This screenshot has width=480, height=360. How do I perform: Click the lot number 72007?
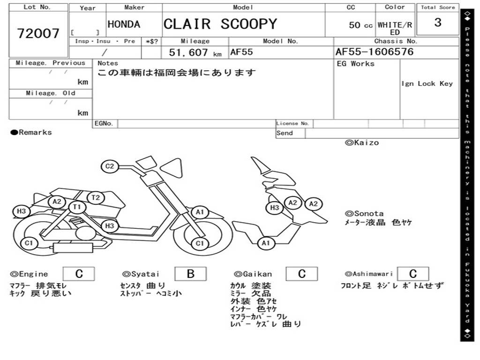38,33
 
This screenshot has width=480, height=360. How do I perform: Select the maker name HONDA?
124,24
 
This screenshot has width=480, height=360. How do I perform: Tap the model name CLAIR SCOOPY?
220,24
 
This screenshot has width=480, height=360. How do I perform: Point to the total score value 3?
437,22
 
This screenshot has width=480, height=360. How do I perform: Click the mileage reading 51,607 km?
195,52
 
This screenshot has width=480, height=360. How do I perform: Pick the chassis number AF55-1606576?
375,52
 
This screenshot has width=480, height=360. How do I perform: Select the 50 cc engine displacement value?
360,25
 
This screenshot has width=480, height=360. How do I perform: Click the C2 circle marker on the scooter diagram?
110,166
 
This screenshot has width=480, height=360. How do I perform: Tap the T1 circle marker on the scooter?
77,207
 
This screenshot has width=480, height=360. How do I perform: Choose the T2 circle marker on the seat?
96,197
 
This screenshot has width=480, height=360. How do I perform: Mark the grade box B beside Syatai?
190,274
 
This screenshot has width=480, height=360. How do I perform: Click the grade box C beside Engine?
79,274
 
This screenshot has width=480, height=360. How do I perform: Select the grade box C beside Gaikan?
301,274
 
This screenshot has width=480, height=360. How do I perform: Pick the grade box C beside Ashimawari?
412,274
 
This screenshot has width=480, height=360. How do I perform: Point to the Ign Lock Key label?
427,84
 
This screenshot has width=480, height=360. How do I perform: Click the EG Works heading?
356,64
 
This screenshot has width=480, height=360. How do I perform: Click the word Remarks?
35,133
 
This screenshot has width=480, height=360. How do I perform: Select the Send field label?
285,133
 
